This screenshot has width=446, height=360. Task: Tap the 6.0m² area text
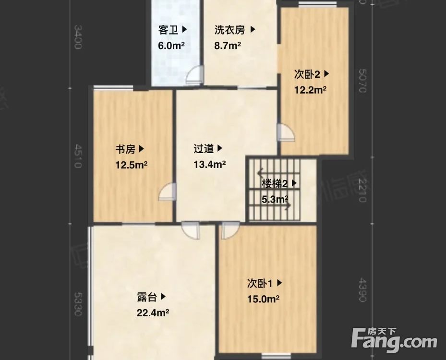click(x=172, y=46)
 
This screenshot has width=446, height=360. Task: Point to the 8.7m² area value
click(x=228, y=46)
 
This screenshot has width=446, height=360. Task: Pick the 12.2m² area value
click(x=310, y=90)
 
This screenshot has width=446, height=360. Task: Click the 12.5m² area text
click(x=131, y=165)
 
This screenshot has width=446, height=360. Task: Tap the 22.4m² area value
click(x=152, y=313)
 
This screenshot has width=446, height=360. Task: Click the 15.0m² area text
click(x=263, y=299)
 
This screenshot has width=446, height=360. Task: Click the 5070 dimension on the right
click(x=362, y=83)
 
